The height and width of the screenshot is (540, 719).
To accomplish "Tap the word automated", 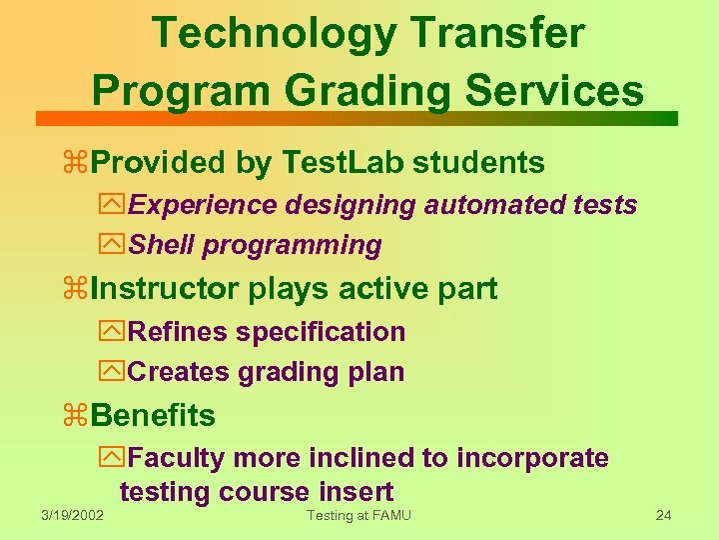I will pyautogui.click(x=484, y=205).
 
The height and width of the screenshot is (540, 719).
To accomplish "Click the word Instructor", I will pyautogui.click(x=165, y=289).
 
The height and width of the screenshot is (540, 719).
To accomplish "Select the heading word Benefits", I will pyautogui.click(x=152, y=415).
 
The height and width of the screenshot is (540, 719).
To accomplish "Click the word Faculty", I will pyautogui.click(x=178, y=458).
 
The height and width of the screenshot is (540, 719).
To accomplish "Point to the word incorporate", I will pyautogui.click(x=532, y=458).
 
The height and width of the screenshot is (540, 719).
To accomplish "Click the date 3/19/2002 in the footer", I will pyautogui.click(x=72, y=516).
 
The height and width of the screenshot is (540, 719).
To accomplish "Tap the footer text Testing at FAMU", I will pyautogui.click(x=359, y=516).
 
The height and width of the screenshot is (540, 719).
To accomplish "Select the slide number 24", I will pyautogui.click(x=663, y=516).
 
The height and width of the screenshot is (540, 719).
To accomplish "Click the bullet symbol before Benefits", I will pyautogui.click(x=75, y=416).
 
